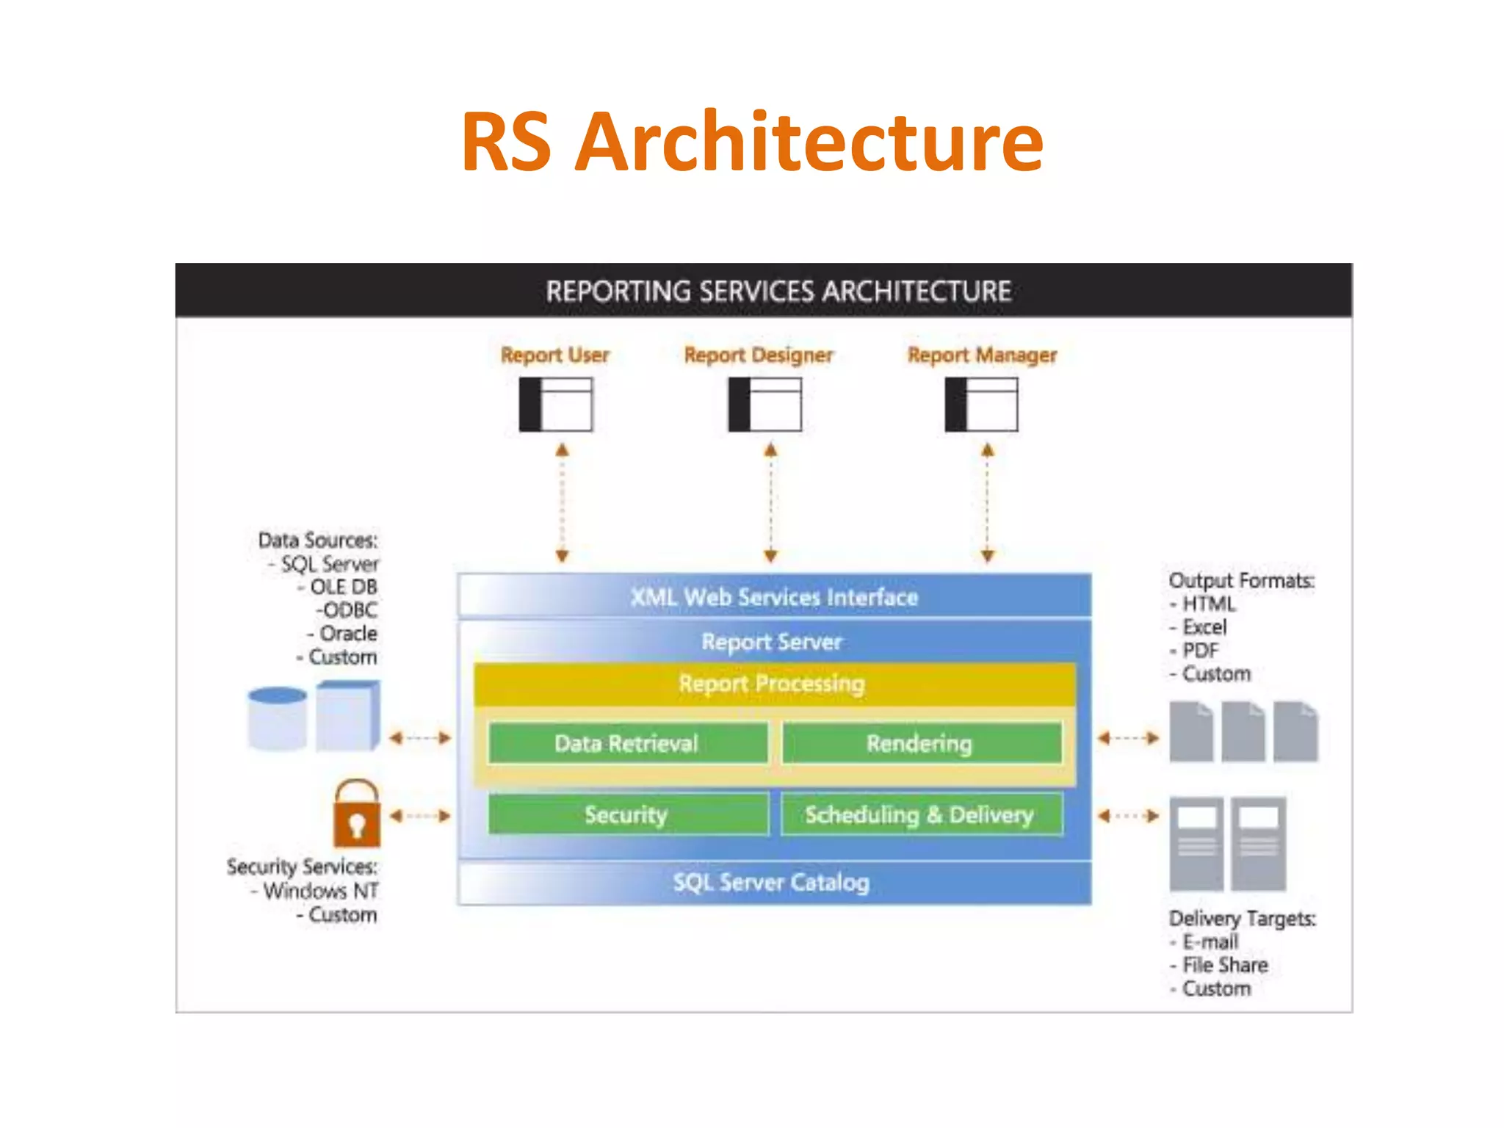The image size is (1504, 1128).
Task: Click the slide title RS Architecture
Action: (x=752, y=141)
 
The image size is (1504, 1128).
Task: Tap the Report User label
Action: (x=554, y=355)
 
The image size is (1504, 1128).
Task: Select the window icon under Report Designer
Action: (x=764, y=405)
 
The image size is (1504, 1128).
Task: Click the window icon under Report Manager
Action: (x=981, y=405)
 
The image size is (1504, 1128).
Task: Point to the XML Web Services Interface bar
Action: (x=774, y=596)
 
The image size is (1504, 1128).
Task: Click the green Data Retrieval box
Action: (x=627, y=743)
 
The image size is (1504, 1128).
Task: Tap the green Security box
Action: (x=627, y=814)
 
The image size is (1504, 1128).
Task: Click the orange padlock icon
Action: (x=357, y=815)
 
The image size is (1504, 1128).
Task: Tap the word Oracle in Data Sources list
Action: (x=348, y=633)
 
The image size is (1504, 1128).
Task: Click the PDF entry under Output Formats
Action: (x=1200, y=651)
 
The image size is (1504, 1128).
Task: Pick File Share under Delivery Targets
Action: (x=1225, y=965)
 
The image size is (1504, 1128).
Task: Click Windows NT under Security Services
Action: (x=320, y=891)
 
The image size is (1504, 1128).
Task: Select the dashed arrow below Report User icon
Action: (x=563, y=503)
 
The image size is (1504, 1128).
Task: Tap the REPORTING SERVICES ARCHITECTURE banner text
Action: (x=778, y=292)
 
